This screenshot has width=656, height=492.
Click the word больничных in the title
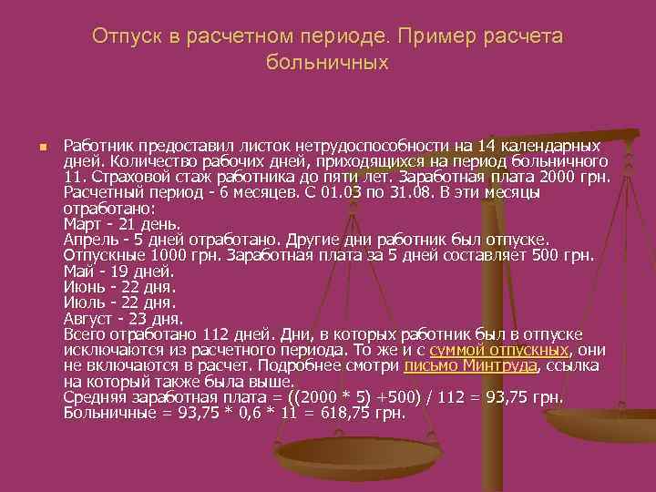tap(327, 63)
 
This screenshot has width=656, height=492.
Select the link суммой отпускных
tap(498, 350)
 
